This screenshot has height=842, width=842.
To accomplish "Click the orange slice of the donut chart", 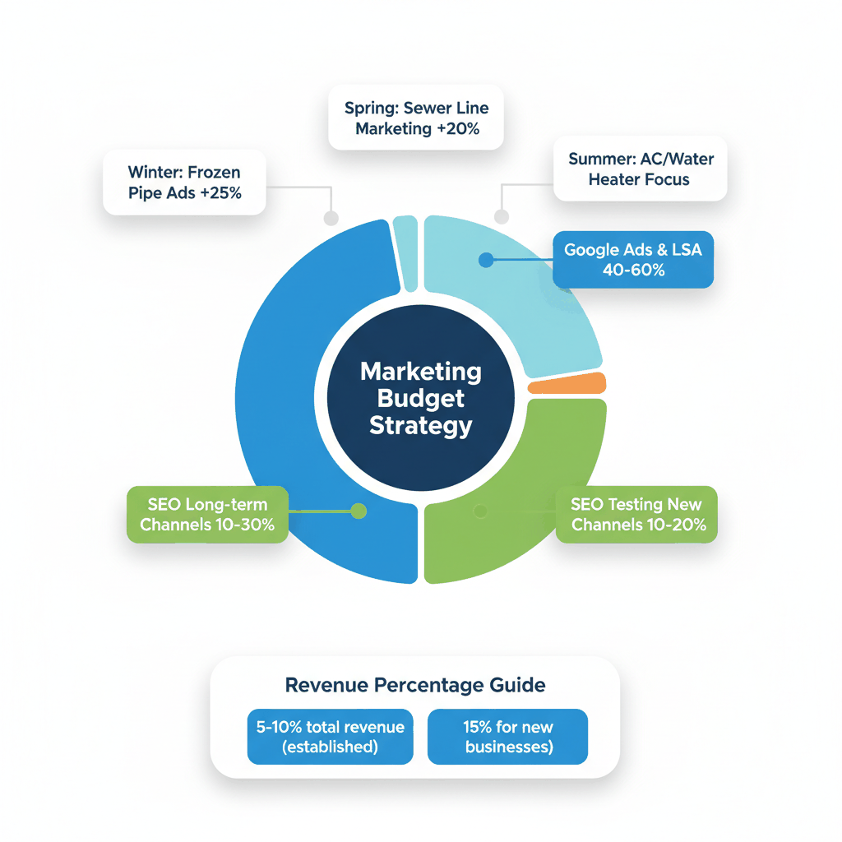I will pyautogui.click(x=567, y=384).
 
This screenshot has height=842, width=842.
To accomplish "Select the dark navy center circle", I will pyautogui.click(x=421, y=399).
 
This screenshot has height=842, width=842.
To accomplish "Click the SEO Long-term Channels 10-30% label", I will pyautogui.click(x=207, y=514).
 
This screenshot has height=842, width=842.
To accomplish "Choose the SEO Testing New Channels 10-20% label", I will pyautogui.click(x=638, y=514).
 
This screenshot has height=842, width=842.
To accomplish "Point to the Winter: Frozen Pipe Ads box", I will pyautogui.click(x=184, y=183).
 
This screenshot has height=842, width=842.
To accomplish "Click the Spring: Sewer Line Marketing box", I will pyautogui.click(x=416, y=118).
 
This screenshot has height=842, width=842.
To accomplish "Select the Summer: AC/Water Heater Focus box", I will pyautogui.click(x=640, y=169).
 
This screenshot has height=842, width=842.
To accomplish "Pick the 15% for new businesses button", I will pyautogui.click(x=508, y=737).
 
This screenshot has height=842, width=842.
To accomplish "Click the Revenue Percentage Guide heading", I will pyautogui.click(x=415, y=685).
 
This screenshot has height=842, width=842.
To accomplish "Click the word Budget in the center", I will pyautogui.click(x=421, y=399).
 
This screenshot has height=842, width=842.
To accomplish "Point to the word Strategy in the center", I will pyautogui.click(x=421, y=426).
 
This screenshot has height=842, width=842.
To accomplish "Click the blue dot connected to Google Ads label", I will pyautogui.click(x=485, y=260).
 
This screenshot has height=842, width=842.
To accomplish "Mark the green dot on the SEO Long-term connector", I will pyautogui.click(x=358, y=511).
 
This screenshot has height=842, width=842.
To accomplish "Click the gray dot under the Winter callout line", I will pyautogui.click(x=331, y=218).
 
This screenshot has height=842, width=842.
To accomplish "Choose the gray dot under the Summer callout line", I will pyautogui.click(x=502, y=217).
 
